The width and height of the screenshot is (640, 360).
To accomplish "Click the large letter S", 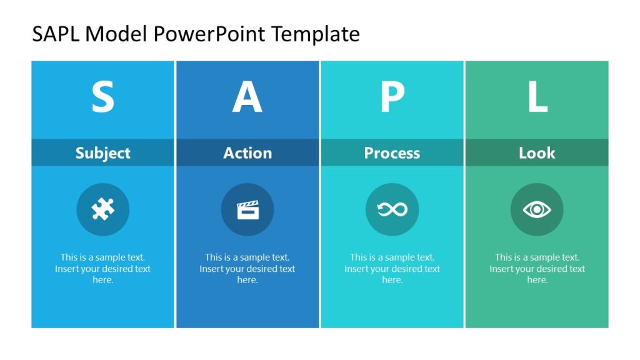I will (103, 97).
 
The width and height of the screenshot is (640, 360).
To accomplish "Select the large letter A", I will (247, 97).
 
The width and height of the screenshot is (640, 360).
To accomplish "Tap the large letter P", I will (392, 97).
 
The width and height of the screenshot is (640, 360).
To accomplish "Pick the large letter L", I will (537, 97).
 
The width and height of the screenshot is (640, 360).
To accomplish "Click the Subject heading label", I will (103, 153).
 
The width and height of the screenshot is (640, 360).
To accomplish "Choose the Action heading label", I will (247, 153).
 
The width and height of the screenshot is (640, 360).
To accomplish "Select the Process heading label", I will (392, 153).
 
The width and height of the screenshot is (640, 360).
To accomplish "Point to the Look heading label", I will (537, 153).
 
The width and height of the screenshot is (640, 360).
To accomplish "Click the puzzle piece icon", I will (103, 209).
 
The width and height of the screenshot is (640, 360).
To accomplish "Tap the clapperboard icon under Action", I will (247, 209).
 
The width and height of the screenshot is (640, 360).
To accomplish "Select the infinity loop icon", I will (392, 209).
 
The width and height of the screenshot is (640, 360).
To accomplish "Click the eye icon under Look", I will (537, 209).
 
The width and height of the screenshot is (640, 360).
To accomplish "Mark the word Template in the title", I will (316, 34).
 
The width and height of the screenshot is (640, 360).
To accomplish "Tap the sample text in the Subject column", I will (103, 269).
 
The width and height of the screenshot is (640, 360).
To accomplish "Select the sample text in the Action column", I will (247, 269).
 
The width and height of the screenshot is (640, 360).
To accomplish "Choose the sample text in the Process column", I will (392, 269).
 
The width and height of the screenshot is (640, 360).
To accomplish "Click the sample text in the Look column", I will (537, 269).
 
